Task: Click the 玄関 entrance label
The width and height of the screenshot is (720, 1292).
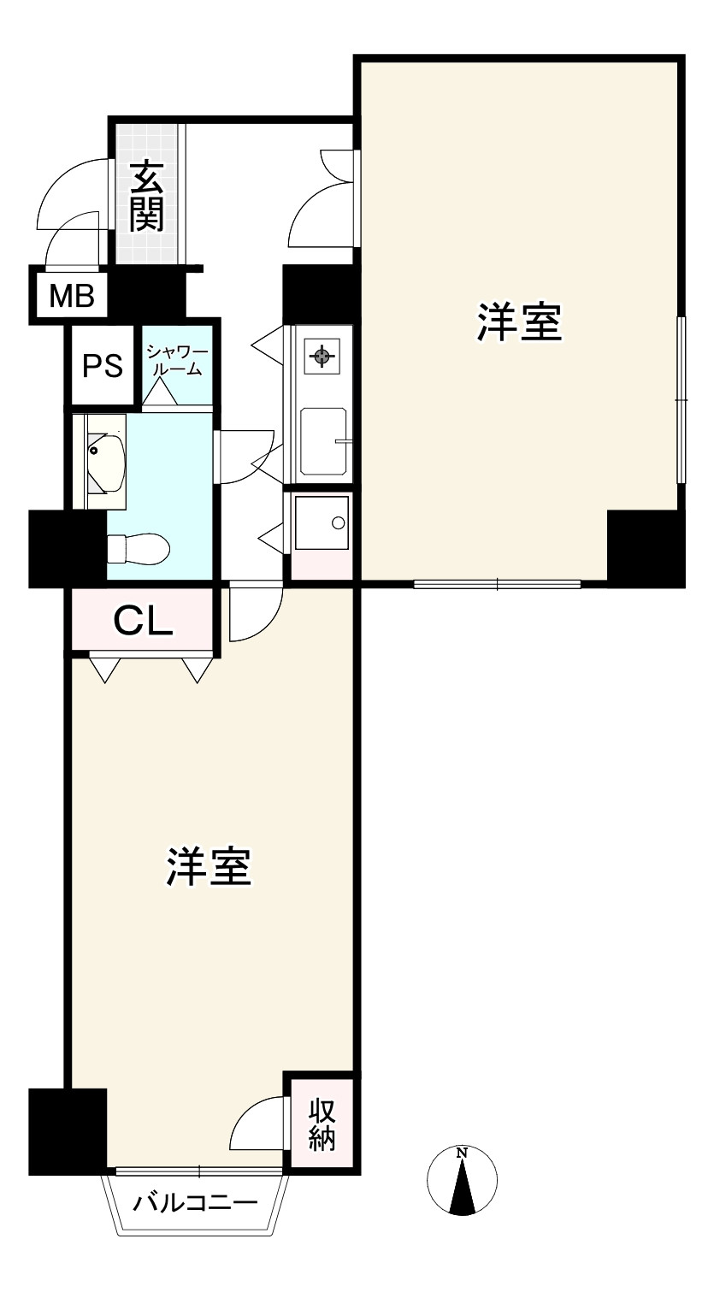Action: [147, 196]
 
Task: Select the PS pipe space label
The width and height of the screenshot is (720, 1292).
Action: [103, 366]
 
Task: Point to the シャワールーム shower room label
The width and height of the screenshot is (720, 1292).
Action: [175, 360]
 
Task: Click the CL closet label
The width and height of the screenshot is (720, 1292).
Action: [143, 622]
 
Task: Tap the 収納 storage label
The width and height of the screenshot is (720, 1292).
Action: [322, 1124]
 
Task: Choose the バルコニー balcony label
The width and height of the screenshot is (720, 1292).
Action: [195, 1204]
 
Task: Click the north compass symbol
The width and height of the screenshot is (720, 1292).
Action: [462, 1181]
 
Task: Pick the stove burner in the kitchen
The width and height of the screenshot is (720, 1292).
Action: [322, 357]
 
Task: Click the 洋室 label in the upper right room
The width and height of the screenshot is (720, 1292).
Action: [519, 322]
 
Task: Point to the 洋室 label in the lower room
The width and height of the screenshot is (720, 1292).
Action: [209, 866]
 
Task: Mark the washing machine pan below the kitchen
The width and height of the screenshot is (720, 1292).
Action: [322, 523]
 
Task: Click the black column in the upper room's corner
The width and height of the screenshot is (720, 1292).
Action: [646, 548]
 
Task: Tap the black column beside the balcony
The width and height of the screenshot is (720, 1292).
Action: [68, 1131]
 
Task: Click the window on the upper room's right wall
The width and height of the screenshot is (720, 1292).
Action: [681, 399]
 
